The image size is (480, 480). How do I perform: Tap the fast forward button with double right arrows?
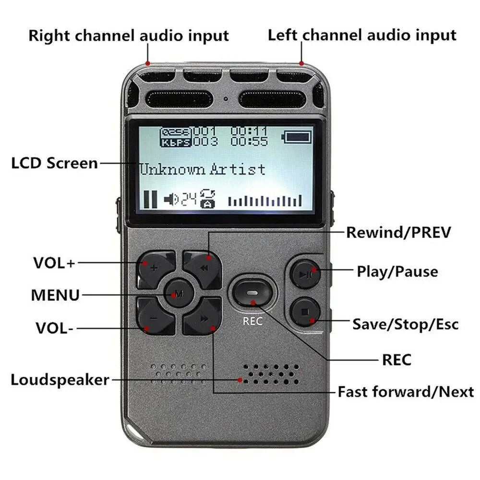coord(203,317)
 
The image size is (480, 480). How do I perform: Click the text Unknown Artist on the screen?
coord(202,169)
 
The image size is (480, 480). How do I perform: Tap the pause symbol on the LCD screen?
coord(150,199)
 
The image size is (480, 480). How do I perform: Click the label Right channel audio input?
coord(129,36)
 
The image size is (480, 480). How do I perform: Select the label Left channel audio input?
coord(362,35)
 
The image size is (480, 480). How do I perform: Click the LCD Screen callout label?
coord(54,163)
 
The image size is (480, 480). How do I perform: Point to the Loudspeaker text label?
coord(60,380)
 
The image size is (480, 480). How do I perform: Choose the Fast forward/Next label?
coord(406,392)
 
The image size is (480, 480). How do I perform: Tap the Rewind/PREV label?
coord(399,233)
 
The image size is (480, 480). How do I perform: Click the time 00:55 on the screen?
coord(249,141)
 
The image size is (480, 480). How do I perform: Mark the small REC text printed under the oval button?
coord(252,321)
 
